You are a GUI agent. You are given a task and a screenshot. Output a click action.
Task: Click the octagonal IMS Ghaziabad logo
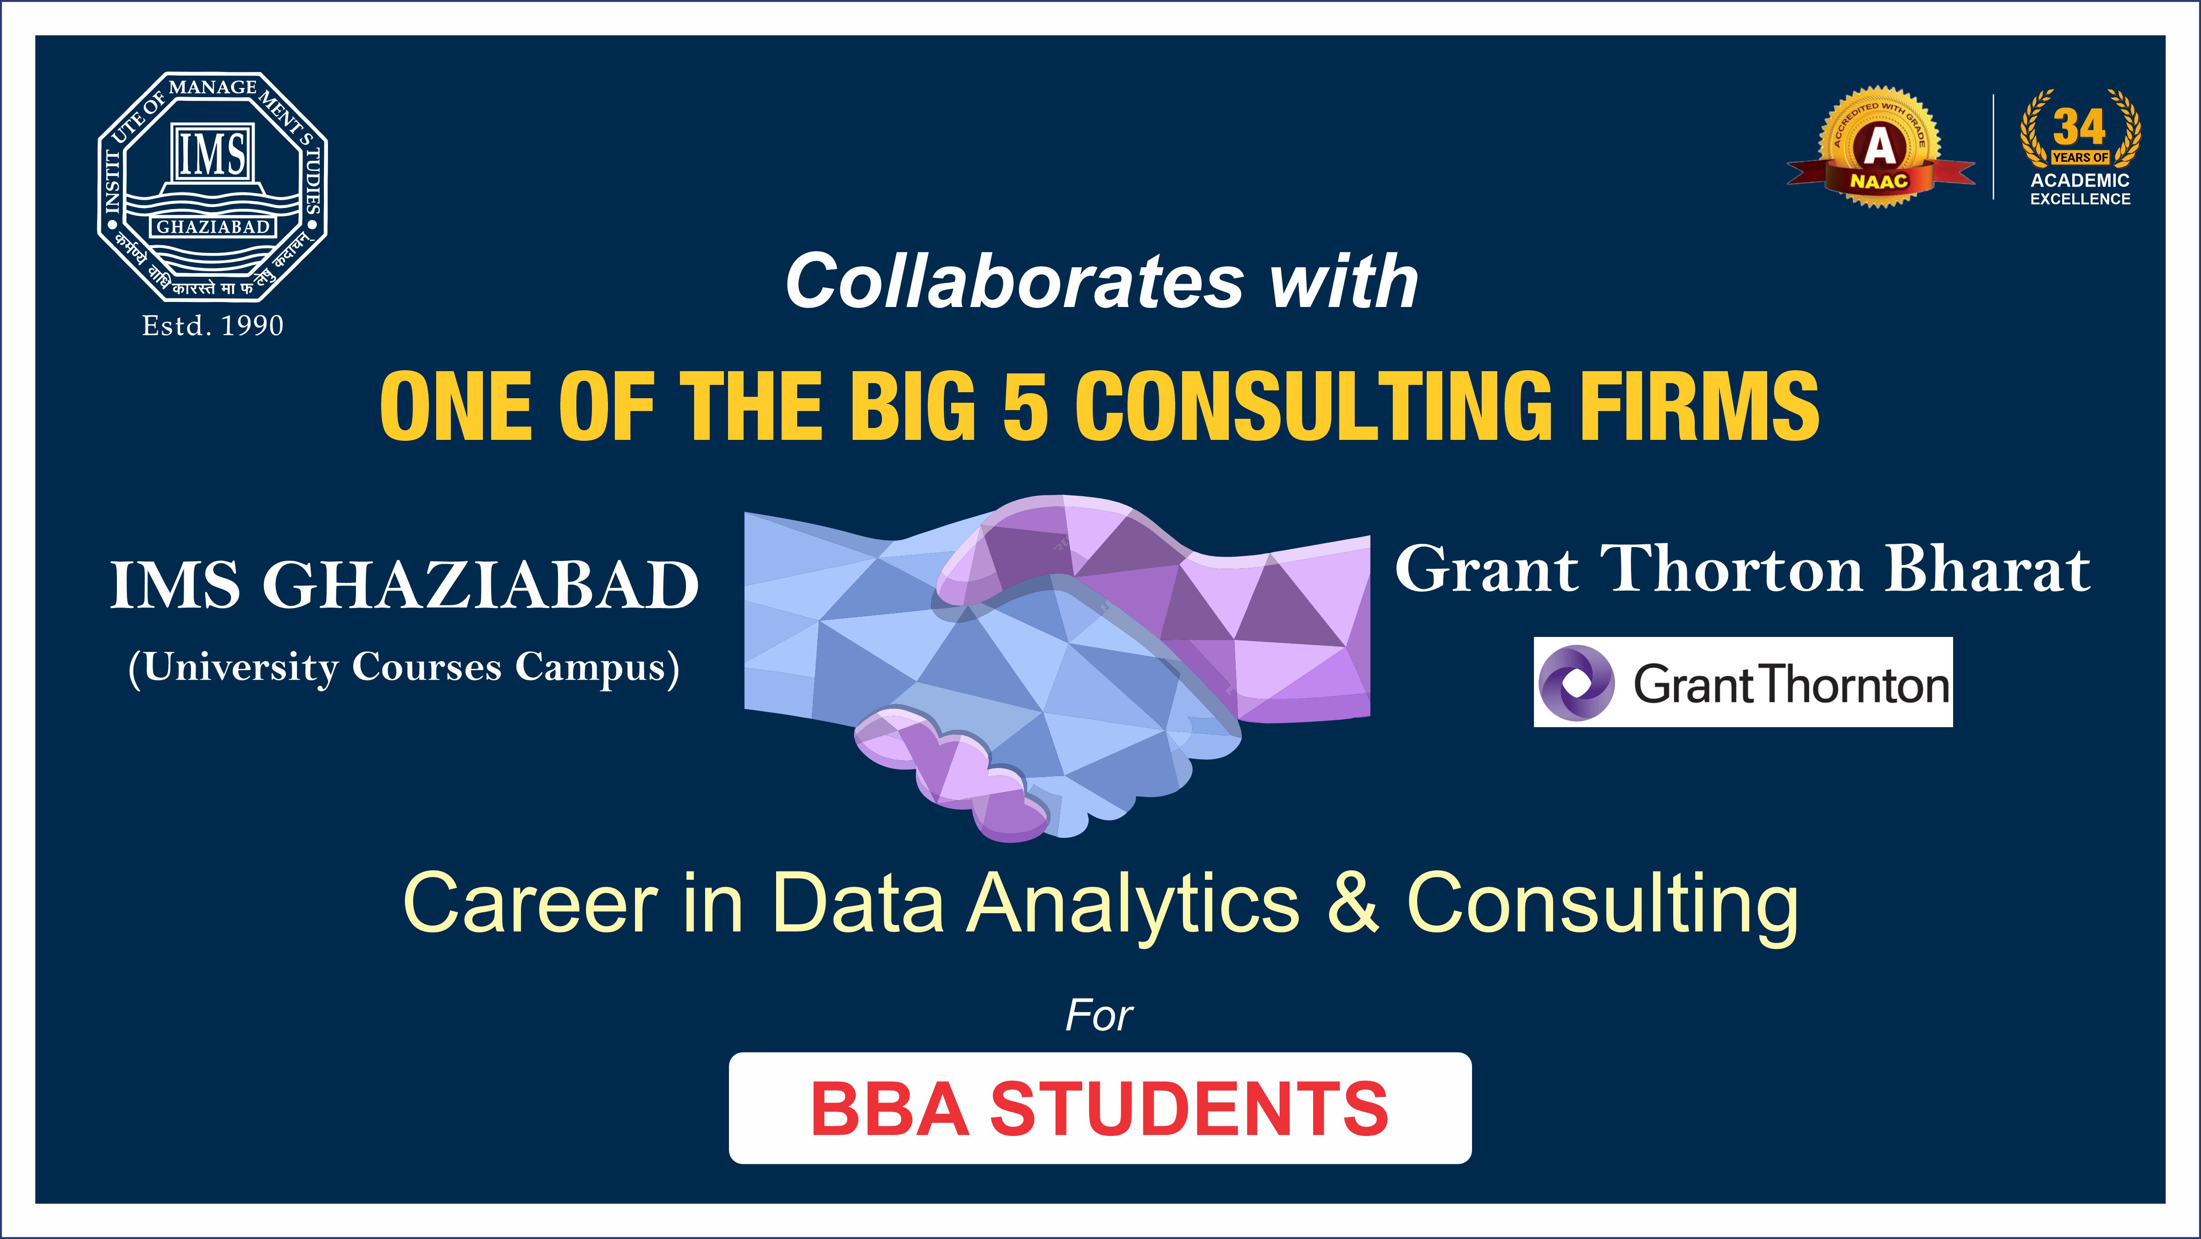coord(212,186)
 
